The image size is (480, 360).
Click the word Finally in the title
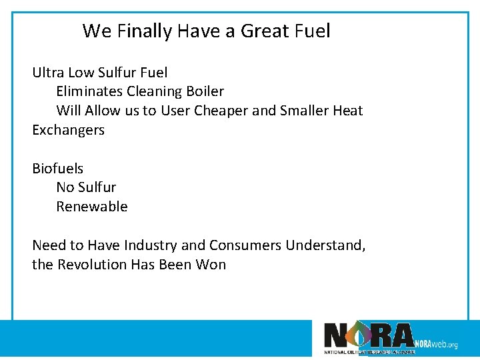141,31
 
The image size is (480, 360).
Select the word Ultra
48,72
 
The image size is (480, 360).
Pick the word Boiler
207,91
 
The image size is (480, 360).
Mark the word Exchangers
68,130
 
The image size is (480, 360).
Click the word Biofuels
57,169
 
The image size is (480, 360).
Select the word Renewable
91,207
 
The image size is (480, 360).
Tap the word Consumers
245,245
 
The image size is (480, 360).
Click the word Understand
325,245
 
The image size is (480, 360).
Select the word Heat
348,111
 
